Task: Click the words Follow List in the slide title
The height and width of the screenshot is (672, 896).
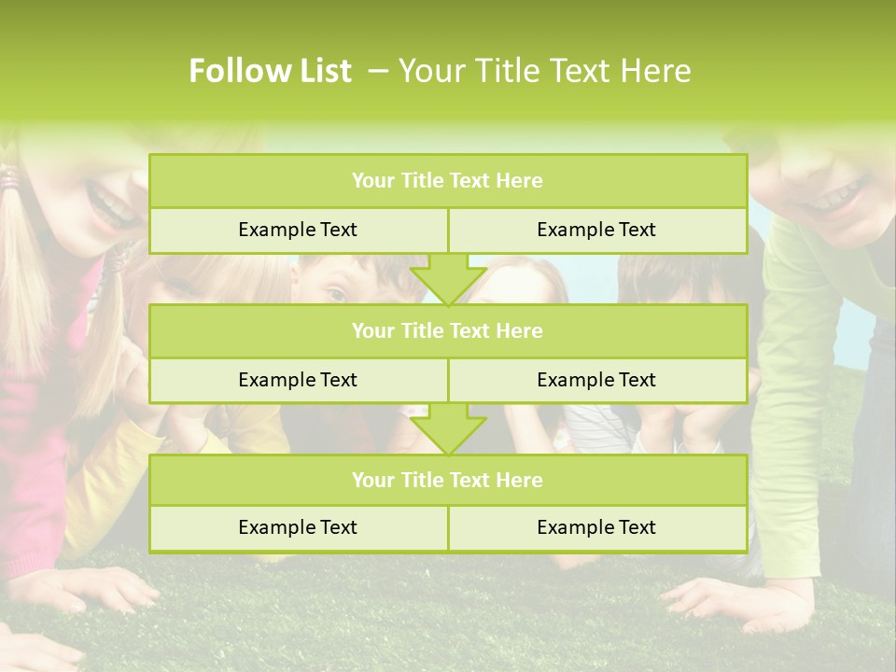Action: (x=270, y=71)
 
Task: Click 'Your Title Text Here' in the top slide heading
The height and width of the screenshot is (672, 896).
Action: (x=545, y=71)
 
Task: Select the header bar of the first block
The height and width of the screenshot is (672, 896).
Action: (x=448, y=181)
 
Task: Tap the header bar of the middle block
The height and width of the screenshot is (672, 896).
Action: (x=448, y=330)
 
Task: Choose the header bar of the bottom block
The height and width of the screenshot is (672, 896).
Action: (x=448, y=480)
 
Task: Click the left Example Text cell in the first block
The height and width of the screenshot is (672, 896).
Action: (x=298, y=230)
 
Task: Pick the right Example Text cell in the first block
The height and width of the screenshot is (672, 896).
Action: (x=596, y=230)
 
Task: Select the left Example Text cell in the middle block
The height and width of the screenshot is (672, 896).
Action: (x=298, y=380)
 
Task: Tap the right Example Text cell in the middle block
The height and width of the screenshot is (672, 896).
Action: (x=596, y=380)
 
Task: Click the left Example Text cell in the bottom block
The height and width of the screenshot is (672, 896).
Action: (x=298, y=527)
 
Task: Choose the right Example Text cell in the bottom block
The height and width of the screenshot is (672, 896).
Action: (x=596, y=527)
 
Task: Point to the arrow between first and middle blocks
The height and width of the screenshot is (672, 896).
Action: (x=448, y=279)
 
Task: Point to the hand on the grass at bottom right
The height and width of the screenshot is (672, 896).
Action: (x=737, y=597)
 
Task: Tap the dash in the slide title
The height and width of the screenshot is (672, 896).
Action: (x=378, y=71)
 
